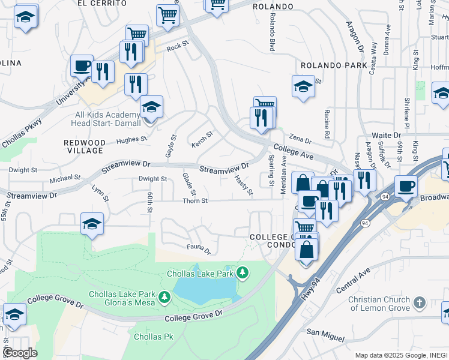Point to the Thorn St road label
click(x=195, y=201)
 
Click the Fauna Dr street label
click(x=199, y=247)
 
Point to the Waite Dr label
click(x=386, y=136)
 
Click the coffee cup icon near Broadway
click(x=406, y=186)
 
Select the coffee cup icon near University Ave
click(x=82, y=65)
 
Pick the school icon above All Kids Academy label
click(x=151, y=106)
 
